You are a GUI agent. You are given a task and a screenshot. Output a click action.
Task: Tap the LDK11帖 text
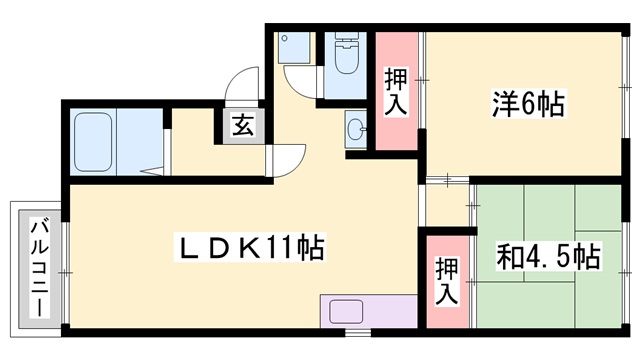point(250,247)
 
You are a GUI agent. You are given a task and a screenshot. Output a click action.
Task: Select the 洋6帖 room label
point(527,103)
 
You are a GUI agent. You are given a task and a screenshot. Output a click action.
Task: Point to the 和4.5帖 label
point(548,257)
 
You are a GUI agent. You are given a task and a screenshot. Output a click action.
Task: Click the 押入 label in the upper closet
point(396,92)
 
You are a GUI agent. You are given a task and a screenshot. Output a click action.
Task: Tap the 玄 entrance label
point(243,126)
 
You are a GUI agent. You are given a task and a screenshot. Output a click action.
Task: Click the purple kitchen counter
point(364,311)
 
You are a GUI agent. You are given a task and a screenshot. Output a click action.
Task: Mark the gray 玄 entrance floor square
point(243,126)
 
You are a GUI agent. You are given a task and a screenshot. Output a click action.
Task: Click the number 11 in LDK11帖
point(283,247)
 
